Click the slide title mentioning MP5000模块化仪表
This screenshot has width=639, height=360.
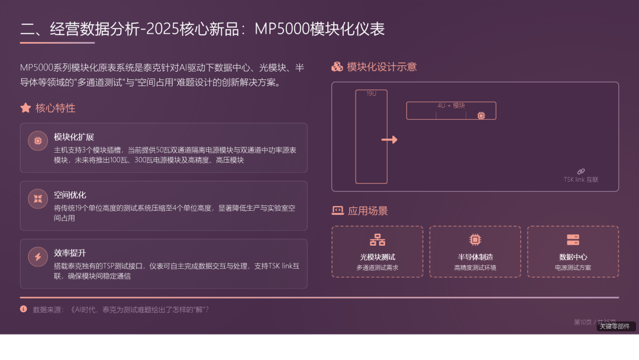click(x=202, y=28)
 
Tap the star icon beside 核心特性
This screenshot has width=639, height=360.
click(x=25, y=108)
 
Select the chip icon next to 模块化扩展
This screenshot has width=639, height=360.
click(x=38, y=141)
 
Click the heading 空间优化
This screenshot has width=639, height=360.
click(x=70, y=195)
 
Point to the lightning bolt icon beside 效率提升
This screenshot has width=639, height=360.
click(x=38, y=257)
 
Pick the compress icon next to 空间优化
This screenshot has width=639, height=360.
click(x=38, y=199)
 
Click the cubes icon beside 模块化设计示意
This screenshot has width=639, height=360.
click(x=337, y=67)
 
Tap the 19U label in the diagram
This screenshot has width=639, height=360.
click(x=371, y=94)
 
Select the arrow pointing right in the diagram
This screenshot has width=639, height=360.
click(x=389, y=140)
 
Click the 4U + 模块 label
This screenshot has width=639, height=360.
click(x=451, y=105)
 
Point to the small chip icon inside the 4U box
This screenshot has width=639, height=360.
click(x=481, y=115)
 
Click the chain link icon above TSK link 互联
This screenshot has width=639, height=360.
click(x=581, y=171)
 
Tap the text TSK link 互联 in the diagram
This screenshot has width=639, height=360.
click(x=581, y=179)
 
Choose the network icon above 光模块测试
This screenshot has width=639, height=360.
click(x=377, y=240)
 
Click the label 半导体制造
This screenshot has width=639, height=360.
click(x=475, y=257)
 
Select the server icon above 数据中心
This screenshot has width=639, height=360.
click(x=573, y=240)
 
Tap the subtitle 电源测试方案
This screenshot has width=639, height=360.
click(x=573, y=268)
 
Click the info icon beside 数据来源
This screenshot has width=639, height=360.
click(x=24, y=309)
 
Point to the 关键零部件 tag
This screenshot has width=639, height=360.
click(x=615, y=326)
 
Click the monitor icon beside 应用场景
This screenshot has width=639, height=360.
click(x=337, y=210)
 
